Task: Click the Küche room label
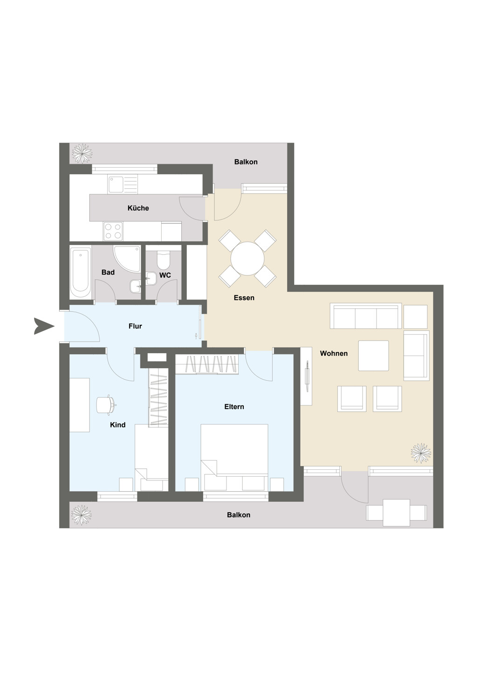[x=138, y=208]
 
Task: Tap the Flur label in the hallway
[x=135, y=326]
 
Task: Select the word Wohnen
[x=334, y=353]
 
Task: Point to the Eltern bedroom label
[x=234, y=407]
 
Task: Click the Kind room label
[x=117, y=425]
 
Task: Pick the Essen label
[x=244, y=298]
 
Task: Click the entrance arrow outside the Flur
[x=44, y=326]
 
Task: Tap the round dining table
[x=247, y=259]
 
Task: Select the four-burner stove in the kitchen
[x=113, y=231]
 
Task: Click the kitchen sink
[x=123, y=183]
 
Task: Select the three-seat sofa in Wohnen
[x=366, y=316]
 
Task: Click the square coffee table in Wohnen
[x=374, y=356]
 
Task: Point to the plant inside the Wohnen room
[x=421, y=453]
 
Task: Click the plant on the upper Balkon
[x=82, y=153]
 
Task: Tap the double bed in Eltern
[x=234, y=458]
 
